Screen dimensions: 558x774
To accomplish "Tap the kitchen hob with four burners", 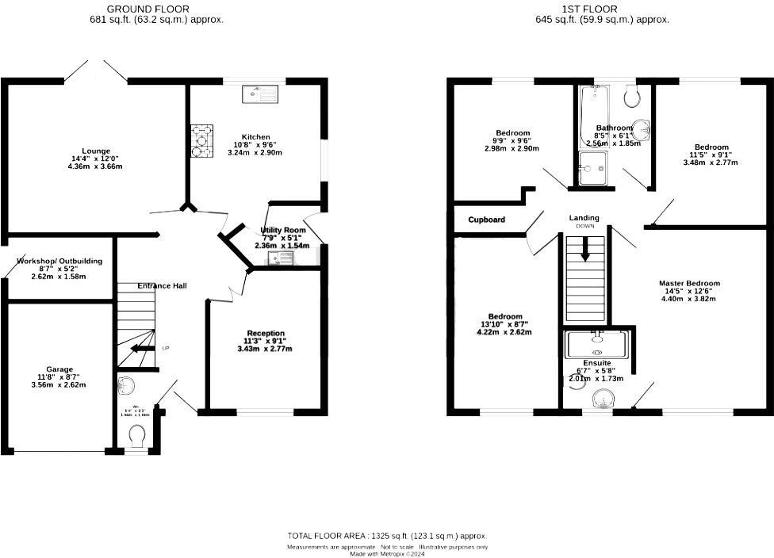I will point(201,141).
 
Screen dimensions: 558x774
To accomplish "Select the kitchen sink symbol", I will point(260,94).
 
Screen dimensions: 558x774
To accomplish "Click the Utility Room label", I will point(283,230).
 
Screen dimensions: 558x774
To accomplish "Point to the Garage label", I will point(59,369).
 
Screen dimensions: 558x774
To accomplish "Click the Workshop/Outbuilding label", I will point(59,261).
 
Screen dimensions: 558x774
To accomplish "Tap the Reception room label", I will point(266,333).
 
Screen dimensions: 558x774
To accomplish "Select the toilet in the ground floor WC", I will point(136,435).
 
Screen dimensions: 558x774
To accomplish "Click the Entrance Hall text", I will point(162,285).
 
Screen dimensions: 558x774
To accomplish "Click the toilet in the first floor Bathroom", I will point(632,97).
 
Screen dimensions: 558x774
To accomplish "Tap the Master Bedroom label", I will point(689,283).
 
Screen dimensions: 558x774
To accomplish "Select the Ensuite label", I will point(597,362).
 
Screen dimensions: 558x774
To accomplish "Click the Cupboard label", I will point(486,220).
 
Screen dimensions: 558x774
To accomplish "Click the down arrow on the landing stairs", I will point(585,250).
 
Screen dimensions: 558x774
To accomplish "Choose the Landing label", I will point(584,218).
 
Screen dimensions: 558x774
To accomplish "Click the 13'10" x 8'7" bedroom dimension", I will point(505,324).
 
